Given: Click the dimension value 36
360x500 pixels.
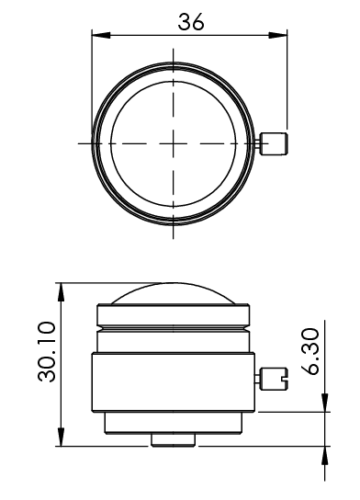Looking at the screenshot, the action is [190, 22].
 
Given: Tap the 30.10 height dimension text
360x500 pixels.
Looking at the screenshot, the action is [47, 352].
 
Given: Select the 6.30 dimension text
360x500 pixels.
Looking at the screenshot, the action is [309, 351].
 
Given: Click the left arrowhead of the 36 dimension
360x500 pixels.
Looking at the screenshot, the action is [101, 35].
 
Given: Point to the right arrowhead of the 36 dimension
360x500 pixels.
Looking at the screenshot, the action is [277, 35].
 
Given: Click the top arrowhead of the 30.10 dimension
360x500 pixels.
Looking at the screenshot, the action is [61, 291].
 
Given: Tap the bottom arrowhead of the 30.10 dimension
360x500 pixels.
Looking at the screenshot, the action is [61, 437].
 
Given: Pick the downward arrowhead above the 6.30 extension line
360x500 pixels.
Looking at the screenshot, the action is [325, 403].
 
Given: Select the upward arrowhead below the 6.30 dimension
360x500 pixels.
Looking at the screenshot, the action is [325, 456].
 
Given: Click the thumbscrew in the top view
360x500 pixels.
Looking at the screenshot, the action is [274, 144].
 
